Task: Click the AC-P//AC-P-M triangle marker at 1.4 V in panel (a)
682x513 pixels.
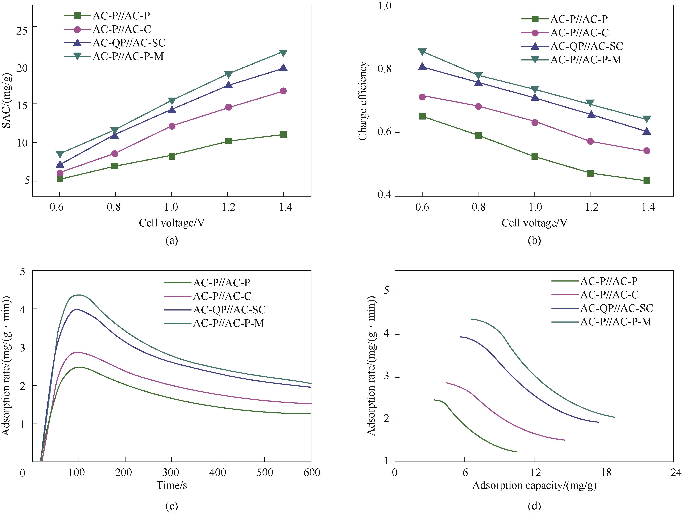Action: (x=283, y=53)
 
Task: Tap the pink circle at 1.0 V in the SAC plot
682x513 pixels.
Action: (x=172, y=126)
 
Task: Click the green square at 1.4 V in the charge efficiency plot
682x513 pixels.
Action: (x=647, y=181)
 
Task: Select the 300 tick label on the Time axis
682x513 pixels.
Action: (x=170, y=472)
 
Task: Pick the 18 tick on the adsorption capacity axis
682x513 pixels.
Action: (x=606, y=472)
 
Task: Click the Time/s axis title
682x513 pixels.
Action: (x=172, y=485)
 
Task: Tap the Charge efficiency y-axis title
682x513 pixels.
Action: (x=363, y=101)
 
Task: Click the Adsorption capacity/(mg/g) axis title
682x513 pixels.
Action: (x=534, y=485)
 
